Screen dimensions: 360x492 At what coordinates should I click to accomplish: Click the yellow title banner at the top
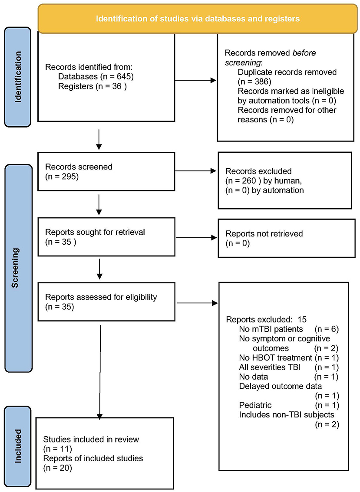(x=198, y=19)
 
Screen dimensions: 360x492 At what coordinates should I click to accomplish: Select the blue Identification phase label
(x=18, y=77)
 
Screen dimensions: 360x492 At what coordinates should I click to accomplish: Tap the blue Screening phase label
(x=18, y=268)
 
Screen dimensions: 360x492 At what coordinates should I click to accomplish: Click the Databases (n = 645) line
(x=96, y=76)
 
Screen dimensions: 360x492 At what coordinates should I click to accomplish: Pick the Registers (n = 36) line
(x=92, y=86)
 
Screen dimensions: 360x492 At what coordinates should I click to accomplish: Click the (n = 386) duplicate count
(x=254, y=82)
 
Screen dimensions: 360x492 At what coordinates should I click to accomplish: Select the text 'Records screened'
(x=79, y=167)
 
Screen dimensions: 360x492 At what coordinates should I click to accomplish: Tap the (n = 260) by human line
(x=264, y=181)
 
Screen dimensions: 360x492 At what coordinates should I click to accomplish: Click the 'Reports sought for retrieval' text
(x=95, y=232)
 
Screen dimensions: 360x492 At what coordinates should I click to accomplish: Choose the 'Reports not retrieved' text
(x=264, y=234)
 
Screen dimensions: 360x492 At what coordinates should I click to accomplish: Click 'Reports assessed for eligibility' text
(x=101, y=297)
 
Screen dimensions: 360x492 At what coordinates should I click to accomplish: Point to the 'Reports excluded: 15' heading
(x=266, y=319)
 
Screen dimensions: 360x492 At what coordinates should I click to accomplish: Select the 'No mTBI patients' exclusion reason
(x=271, y=329)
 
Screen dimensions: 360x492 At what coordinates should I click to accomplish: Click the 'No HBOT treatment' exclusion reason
(x=275, y=358)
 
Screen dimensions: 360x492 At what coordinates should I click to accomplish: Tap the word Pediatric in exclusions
(x=255, y=405)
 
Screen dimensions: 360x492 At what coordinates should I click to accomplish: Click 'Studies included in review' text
(x=91, y=439)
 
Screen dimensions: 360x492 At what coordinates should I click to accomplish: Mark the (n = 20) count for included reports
(x=57, y=468)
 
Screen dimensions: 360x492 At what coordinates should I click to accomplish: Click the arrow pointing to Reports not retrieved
(x=196, y=237)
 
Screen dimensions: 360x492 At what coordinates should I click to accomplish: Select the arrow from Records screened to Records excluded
(x=196, y=171)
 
